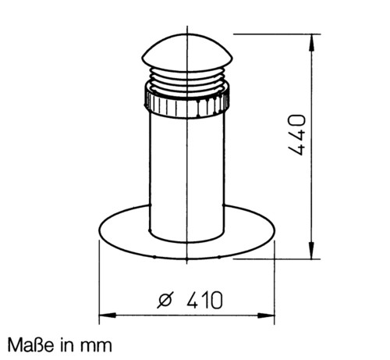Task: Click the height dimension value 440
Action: coord(297,135)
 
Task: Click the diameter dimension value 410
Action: coord(204,300)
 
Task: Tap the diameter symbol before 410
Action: coord(165,300)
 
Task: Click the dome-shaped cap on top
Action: coord(187,53)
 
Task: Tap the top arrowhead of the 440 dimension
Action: coord(312,43)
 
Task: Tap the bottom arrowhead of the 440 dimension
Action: coord(311,251)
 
